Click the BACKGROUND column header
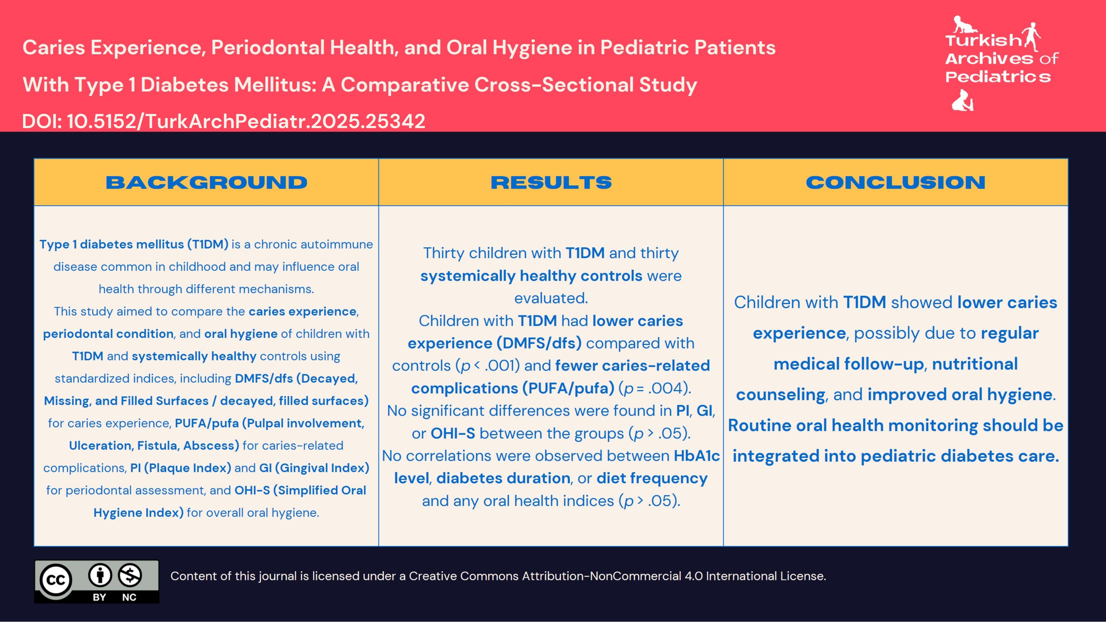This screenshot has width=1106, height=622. click(206, 182)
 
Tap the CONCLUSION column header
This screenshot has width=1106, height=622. click(896, 182)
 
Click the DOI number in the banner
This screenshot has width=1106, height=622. click(246, 121)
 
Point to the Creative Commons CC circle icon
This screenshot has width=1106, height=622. click(56, 580)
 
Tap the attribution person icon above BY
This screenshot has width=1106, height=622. click(100, 575)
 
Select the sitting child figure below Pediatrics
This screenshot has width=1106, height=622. click(963, 101)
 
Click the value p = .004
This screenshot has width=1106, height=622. click(655, 388)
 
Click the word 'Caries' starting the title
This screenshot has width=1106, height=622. click(54, 48)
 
